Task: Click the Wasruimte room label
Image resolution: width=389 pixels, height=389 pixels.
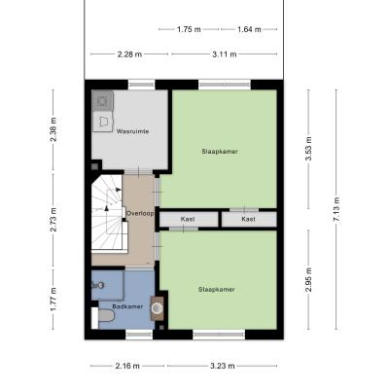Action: pyautogui.click(x=132, y=131)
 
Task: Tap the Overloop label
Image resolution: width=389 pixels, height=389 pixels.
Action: pyautogui.click(x=140, y=214)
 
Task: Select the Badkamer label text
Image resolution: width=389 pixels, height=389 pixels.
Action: pyautogui.click(x=127, y=306)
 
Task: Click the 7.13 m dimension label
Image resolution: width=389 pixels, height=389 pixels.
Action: pyautogui.click(x=336, y=210)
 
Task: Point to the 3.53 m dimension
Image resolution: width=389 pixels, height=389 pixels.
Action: pyautogui.click(x=308, y=149)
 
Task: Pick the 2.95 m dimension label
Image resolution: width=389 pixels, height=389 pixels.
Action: pyautogui.click(x=308, y=280)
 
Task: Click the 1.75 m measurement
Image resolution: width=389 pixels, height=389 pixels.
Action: pyautogui.click(x=189, y=29)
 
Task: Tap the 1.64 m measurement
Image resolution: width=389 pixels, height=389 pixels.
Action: pyautogui.click(x=249, y=29)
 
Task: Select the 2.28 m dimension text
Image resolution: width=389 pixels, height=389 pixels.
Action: pyautogui.click(x=129, y=54)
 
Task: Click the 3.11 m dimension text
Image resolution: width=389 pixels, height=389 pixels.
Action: pyautogui.click(x=225, y=54)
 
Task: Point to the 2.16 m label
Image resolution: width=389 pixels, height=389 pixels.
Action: pyautogui.click(x=127, y=366)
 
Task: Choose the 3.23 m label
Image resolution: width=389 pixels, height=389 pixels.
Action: pyautogui.click(x=223, y=366)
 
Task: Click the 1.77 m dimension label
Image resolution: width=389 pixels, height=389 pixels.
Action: pyautogui.click(x=53, y=300)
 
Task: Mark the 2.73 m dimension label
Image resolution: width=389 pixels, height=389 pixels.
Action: pyautogui.click(x=53, y=220)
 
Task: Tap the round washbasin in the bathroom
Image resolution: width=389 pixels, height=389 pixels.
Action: pyautogui.click(x=158, y=308)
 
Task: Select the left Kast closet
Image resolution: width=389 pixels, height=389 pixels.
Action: pyautogui.click(x=189, y=220)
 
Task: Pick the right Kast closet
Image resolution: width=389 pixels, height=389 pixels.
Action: pyautogui.click(x=249, y=220)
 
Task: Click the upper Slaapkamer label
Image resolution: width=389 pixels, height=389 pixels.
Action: pyautogui.click(x=220, y=152)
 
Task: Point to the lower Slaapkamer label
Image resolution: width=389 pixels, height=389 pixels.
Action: pyautogui.click(x=217, y=290)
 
